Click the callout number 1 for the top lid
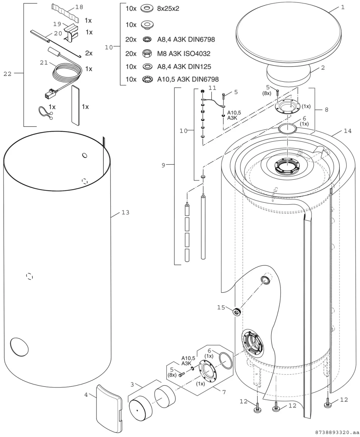click(343, 7)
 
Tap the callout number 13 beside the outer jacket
click(125, 213)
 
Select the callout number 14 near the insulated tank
click(347, 131)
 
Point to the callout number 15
click(221, 307)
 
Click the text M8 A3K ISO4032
click(184, 54)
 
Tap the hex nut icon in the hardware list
click(147, 54)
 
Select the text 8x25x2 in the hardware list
click(168, 9)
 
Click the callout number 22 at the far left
click(8, 74)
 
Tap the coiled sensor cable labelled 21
click(66, 73)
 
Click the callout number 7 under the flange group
click(224, 392)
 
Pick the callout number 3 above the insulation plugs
click(132, 384)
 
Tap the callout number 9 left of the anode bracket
click(163, 165)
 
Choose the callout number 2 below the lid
click(323, 68)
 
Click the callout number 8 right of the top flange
click(327, 110)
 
